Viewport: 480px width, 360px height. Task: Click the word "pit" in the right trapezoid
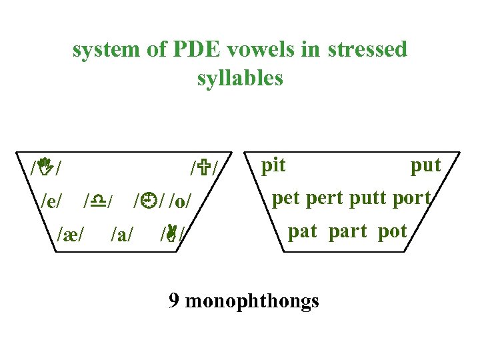point(273,165)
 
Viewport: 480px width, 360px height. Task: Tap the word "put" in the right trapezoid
point(425,165)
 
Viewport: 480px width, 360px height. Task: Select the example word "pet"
point(287,199)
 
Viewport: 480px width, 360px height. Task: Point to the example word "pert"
point(327,199)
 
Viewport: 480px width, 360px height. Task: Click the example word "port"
point(412,199)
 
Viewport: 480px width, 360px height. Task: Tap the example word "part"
point(347,231)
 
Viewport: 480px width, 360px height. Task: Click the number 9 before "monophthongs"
point(174,301)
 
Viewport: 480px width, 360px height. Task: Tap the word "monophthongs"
point(252,302)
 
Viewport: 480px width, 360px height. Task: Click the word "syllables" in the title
point(240,79)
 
